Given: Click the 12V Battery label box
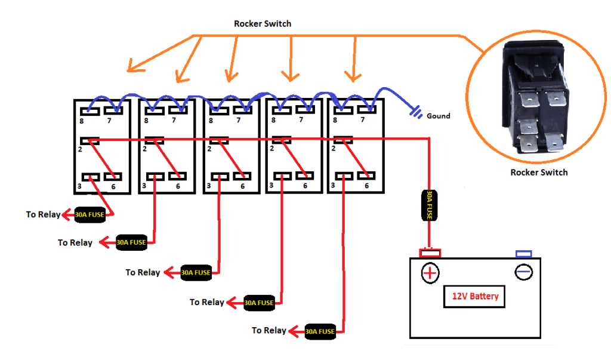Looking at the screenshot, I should click(x=474, y=296).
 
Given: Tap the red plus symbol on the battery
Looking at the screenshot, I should click(x=430, y=273).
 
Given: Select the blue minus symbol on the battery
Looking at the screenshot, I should click(x=523, y=272).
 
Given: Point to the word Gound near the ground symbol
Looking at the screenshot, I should click(x=438, y=116).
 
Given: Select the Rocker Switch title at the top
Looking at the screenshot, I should click(x=263, y=24).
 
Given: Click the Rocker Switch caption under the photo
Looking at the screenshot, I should click(x=539, y=173).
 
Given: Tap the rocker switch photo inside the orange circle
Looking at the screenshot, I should click(x=535, y=99).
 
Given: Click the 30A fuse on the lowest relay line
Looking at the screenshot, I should click(x=320, y=331).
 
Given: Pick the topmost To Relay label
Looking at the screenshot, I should click(x=43, y=214).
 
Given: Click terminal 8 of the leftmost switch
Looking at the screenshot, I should click(x=90, y=109).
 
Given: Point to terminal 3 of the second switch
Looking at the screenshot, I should click(x=155, y=177).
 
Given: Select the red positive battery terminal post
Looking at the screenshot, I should click(x=430, y=253).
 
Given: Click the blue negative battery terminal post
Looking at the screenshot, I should click(x=523, y=254).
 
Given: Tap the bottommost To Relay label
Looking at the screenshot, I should click(x=269, y=330).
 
